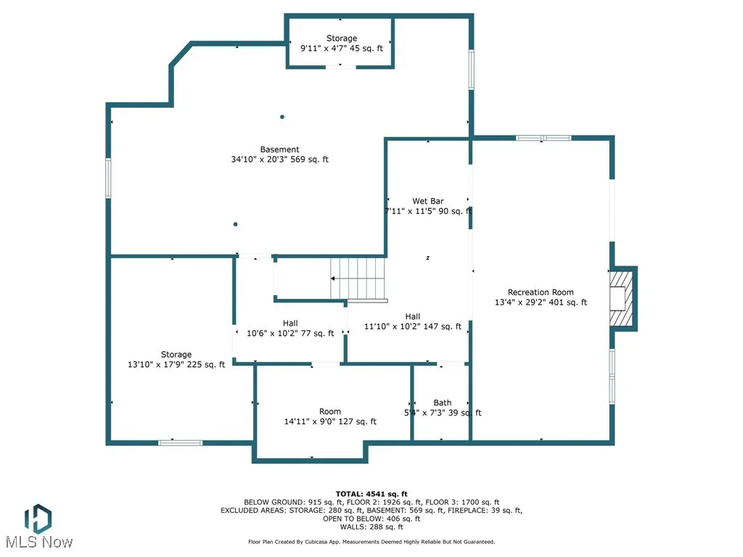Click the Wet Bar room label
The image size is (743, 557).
click(428, 201)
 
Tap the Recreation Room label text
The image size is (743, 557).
click(541, 292)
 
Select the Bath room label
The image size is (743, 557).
click(443, 403)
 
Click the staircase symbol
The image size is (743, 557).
click(358, 278)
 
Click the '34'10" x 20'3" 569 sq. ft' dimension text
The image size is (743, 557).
click(279, 160)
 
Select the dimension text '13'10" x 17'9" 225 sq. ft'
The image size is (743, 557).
click(176, 365)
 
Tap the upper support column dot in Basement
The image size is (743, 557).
click(282, 117)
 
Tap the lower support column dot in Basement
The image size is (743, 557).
click(236, 224)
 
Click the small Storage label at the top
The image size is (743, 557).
click(341, 38)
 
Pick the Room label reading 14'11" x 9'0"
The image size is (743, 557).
click(330, 411)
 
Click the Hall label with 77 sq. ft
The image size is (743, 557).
click(290, 323)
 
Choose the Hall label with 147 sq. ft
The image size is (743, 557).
click(413, 316)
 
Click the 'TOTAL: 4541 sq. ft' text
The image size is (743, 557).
click(371, 494)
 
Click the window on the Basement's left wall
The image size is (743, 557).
click(108, 178)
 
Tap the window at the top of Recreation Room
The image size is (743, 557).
click(543, 137)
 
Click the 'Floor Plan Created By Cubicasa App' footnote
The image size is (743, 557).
click(371, 542)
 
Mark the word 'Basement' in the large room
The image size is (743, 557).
click(279, 149)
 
